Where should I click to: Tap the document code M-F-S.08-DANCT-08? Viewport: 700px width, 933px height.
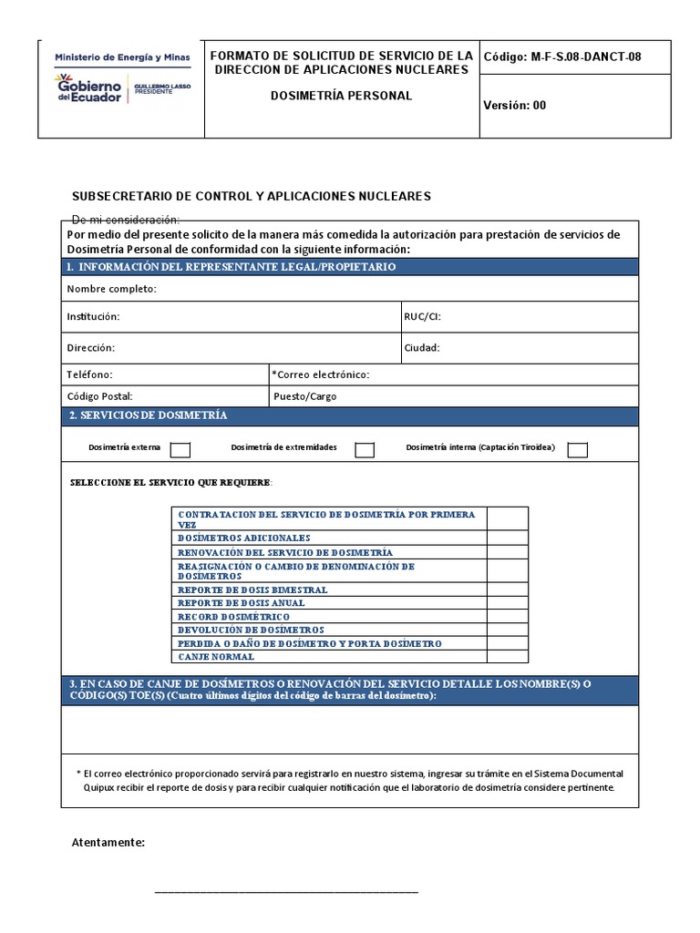tap(562, 56)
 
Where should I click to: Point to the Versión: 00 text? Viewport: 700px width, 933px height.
tap(515, 105)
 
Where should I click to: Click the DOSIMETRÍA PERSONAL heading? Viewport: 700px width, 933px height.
tap(342, 95)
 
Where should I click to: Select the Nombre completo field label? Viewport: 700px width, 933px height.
tap(111, 289)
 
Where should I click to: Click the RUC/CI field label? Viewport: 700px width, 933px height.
tap(422, 317)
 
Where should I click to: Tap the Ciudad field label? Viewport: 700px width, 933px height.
tap(422, 347)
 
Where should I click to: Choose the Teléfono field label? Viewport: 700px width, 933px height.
tap(89, 374)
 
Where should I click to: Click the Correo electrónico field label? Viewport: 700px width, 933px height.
tap(321, 374)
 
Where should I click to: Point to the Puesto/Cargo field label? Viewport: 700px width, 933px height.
tap(304, 396)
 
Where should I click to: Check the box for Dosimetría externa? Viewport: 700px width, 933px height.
tap(180, 449)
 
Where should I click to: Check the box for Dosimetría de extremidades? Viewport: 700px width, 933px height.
tap(365, 449)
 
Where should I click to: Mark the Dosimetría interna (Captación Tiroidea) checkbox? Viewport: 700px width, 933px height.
tap(577, 449)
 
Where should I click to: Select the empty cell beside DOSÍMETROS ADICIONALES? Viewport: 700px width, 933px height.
tap(507, 538)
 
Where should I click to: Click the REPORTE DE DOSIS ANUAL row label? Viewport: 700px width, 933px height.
tap(242, 603)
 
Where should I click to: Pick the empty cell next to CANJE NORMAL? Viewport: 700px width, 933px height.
tap(507, 656)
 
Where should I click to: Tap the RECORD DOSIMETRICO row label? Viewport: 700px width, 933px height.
tap(234, 617)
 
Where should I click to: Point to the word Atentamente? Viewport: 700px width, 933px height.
tap(108, 842)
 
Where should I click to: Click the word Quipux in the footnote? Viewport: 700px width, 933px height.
tap(101, 787)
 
